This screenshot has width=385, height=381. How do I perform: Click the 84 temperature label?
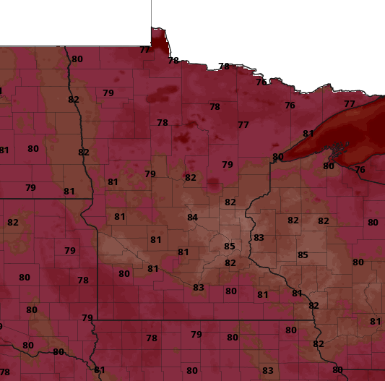point(192,218)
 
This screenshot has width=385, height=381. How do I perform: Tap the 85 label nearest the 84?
point(230,247)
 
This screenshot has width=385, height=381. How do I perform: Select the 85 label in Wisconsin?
point(303,254)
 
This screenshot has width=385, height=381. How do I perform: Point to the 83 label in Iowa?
point(268,371)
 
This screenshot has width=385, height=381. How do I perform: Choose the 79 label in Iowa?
point(196,335)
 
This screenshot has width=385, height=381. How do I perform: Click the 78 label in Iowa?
point(152,338)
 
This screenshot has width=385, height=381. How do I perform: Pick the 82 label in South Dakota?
point(13,222)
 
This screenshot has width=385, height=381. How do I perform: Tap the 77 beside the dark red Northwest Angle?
point(145,50)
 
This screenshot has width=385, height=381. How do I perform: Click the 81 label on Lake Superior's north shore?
point(308,134)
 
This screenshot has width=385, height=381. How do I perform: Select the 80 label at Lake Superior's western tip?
point(278,157)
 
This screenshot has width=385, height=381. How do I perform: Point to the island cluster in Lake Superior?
point(336,150)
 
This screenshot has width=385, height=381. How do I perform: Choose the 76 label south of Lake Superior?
point(360,170)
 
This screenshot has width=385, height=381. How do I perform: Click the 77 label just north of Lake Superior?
point(350,104)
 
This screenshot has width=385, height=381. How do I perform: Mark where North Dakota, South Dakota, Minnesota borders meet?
point(92,197)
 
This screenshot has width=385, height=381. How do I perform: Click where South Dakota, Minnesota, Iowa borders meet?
point(97,320)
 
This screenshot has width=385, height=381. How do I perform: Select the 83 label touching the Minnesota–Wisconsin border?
point(259,238)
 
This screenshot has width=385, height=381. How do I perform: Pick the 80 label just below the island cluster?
point(329,166)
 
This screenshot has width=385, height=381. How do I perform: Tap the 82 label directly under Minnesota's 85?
point(230,263)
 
